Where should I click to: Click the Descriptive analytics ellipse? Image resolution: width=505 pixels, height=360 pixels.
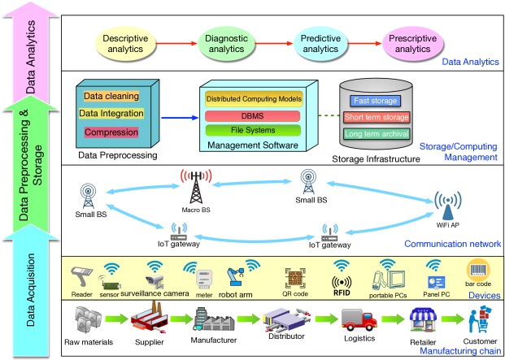click(x=125, y=43)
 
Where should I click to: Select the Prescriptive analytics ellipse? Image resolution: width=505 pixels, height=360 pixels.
click(x=412, y=43)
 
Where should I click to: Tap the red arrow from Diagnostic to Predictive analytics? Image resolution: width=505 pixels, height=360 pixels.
click(x=274, y=43)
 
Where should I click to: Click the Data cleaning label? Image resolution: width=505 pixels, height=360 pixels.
click(x=111, y=96)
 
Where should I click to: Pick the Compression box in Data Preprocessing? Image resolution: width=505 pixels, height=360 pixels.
click(x=111, y=132)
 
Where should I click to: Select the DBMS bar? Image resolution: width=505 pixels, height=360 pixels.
click(x=252, y=116)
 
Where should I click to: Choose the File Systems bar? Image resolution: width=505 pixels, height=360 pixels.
click(x=253, y=130)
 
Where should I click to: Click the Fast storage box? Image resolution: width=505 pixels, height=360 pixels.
click(x=375, y=101)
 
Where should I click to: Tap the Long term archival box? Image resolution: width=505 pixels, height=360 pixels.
click(x=377, y=133)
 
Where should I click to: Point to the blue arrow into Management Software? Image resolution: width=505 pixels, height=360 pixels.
click(x=180, y=118)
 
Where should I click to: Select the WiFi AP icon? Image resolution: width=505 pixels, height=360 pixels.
click(x=448, y=206)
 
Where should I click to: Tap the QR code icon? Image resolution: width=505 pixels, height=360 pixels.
click(x=295, y=278)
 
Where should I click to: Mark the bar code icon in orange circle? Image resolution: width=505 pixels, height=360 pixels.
click(x=478, y=271)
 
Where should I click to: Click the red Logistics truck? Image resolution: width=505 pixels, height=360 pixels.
click(x=359, y=319)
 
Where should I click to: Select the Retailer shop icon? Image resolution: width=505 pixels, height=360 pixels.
click(x=423, y=321)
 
